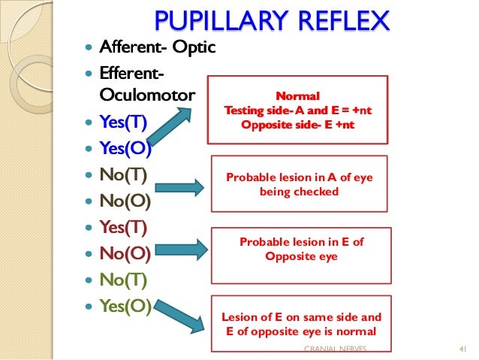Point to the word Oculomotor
(146, 96)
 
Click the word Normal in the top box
(298, 96)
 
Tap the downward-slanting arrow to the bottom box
(183, 318)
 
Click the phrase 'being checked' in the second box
(299, 192)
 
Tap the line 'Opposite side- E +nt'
(298, 124)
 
